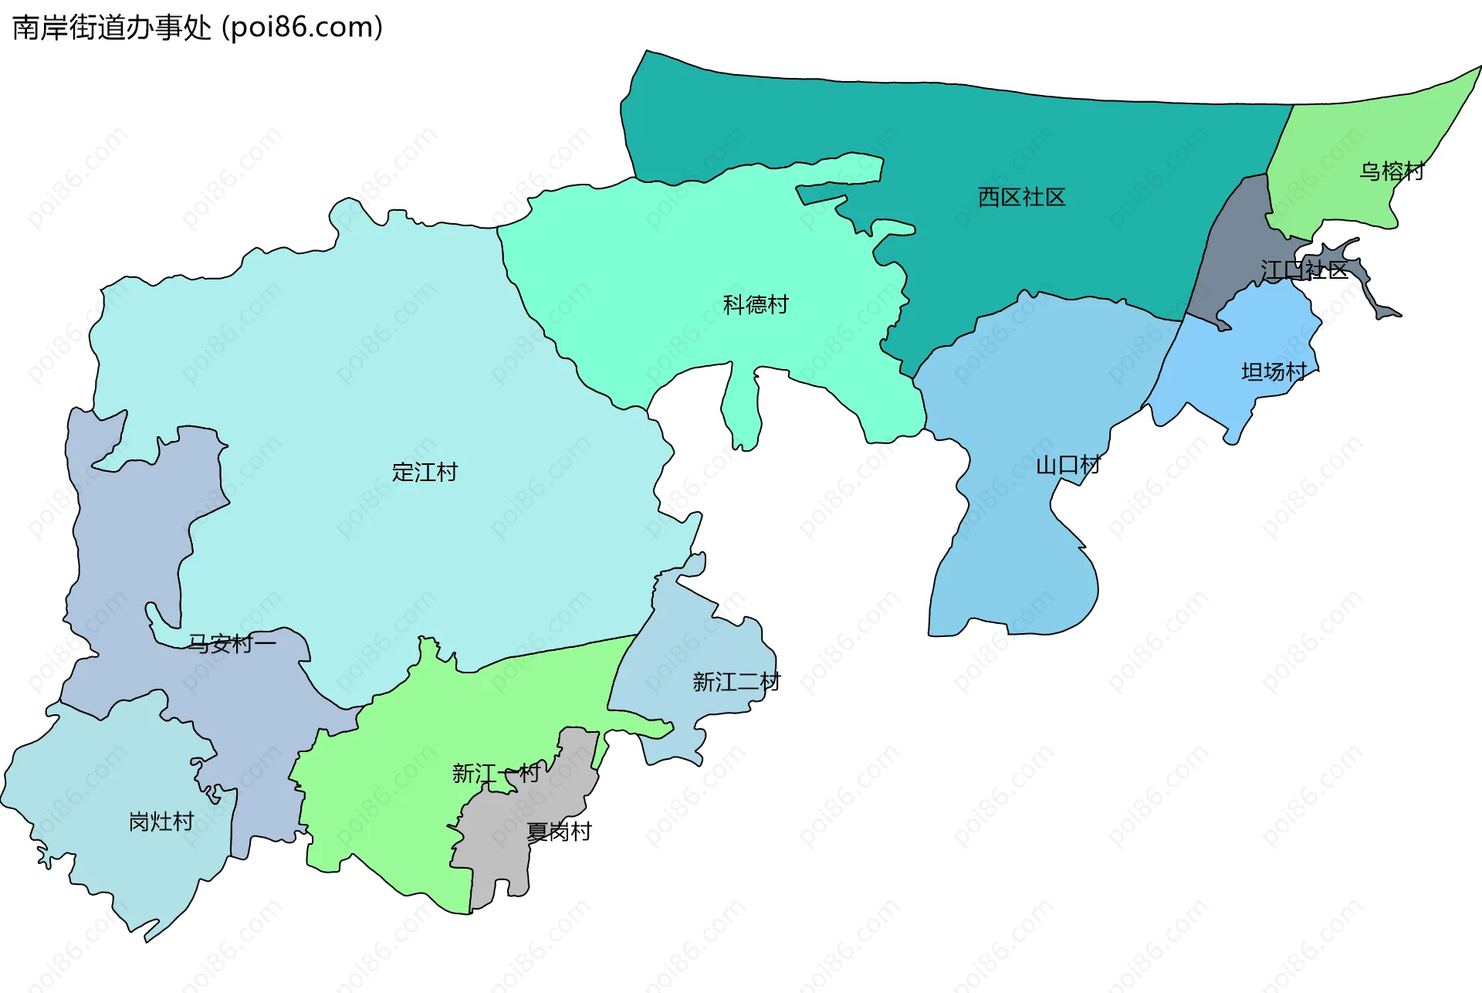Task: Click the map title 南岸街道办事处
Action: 112,28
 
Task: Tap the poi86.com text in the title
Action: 302,28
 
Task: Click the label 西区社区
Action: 1021,197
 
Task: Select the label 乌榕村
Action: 1391,171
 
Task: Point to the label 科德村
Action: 756,304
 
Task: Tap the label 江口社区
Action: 1304,269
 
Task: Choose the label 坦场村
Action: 1274,371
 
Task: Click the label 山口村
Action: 1068,465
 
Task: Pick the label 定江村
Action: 425,471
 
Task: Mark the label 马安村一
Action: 232,642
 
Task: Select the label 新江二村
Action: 736,681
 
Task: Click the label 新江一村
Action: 496,772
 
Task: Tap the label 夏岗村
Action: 559,831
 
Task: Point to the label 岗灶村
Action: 161,821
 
